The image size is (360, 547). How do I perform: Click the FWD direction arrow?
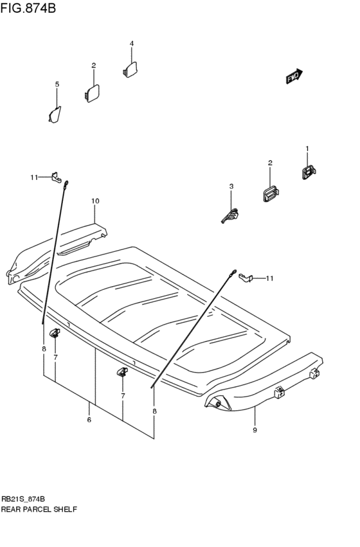tap(294, 76)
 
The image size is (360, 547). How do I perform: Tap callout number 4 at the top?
tap(131, 44)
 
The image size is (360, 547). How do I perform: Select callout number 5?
tap(57, 84)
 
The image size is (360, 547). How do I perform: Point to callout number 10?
tap(95, 201)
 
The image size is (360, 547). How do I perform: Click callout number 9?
tap(255, 429)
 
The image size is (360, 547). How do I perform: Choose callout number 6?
tap(89, 420)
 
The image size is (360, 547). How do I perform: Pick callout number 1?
tap(307, 148)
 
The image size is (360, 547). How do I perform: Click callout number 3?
tap(231, 186)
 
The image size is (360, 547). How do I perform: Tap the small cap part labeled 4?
tap(130, 69)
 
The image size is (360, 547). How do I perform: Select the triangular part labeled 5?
tap(55, 114)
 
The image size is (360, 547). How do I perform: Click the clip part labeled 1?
tap(308, 172)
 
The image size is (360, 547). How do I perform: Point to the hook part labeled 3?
tap(230, 215)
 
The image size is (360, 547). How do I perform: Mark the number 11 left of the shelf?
tap(34, 177)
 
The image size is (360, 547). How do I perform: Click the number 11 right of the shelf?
tap(270, 278)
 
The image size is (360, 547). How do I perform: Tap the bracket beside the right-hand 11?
tap(244, 277)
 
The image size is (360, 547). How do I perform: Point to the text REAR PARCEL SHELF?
tap(39, 508)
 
